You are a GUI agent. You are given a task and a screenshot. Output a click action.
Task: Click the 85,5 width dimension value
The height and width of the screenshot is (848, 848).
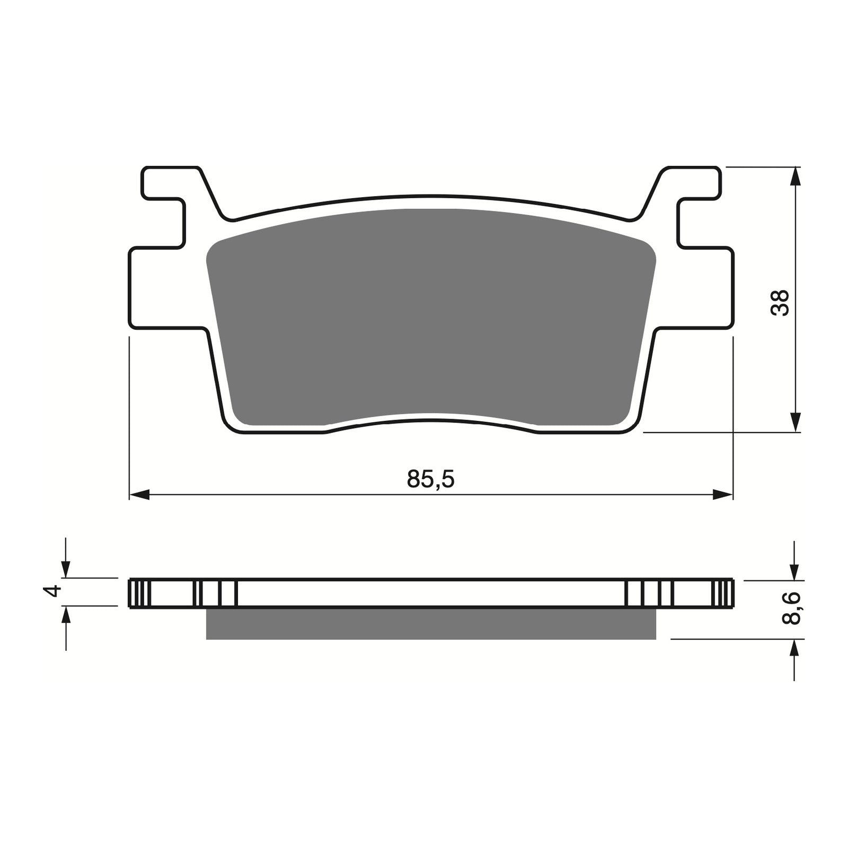430,479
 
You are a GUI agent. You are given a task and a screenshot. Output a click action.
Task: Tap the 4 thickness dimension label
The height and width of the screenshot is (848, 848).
51,591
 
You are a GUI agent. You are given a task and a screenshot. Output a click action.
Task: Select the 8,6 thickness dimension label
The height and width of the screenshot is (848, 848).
793,609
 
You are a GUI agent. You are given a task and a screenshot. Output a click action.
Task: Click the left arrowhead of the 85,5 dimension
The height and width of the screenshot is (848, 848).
139,495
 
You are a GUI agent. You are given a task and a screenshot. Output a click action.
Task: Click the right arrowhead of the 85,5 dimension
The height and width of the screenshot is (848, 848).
723,495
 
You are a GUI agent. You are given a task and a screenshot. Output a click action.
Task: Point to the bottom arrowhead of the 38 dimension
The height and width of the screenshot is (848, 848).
794,422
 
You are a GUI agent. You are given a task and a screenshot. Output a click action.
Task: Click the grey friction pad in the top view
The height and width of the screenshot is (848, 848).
430,313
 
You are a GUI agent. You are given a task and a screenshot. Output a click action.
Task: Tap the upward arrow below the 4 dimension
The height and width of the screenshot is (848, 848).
66,615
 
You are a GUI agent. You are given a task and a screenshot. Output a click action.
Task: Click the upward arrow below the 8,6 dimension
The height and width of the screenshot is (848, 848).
794,648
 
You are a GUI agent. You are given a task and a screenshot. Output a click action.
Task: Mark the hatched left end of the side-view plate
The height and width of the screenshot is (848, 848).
137,593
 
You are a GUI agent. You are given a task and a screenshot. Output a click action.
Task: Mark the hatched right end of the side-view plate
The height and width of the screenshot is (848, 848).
726,593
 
